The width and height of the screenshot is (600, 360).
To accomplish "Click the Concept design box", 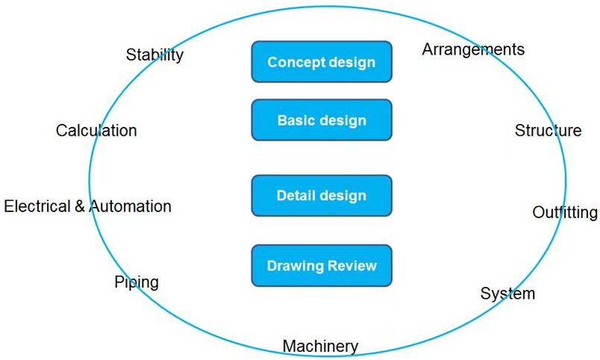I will pyautogui.click(x=322, y=62).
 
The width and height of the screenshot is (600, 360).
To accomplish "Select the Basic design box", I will pyautogui.click(x=322, y=120).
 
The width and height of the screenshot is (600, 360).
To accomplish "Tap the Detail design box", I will pyautogui.click(x=322, y=196).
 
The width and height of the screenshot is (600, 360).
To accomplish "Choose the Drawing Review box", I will pyautogui.click(x=322, y=265).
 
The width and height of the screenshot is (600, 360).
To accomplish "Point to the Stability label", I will pyautogui.click(x=154, y=55).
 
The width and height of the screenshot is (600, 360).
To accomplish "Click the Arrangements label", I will pyautogui.click(x=473, y=49).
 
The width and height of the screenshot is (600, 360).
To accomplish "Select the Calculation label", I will pyautogui.click(x=96, y=131).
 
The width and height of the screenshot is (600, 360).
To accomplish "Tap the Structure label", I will pyautogui.click(x=548, y=131).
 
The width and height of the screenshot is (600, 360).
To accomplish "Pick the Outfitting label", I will pyautogui.click(x=565, y=212).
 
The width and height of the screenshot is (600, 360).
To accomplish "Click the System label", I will pyautogui.click(x=507, y=293).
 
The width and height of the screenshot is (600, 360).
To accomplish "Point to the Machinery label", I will pyautogui.click(x=320, y=347).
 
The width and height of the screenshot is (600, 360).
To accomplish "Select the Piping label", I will pyautogui.click(x=137, y=282).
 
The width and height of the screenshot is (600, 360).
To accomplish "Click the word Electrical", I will pyautogui.click(x=37, y=206).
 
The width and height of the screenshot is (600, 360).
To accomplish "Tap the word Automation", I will pyautogui.click(x=131, y=206).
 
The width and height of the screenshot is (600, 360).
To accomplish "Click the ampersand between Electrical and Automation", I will pyautogui.click(x=80, y=206).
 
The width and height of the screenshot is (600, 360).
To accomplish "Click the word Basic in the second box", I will pyautogui.click(x=296, y=120).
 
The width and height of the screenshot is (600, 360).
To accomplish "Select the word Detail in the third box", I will pyautogui.click(x=296, y=196).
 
